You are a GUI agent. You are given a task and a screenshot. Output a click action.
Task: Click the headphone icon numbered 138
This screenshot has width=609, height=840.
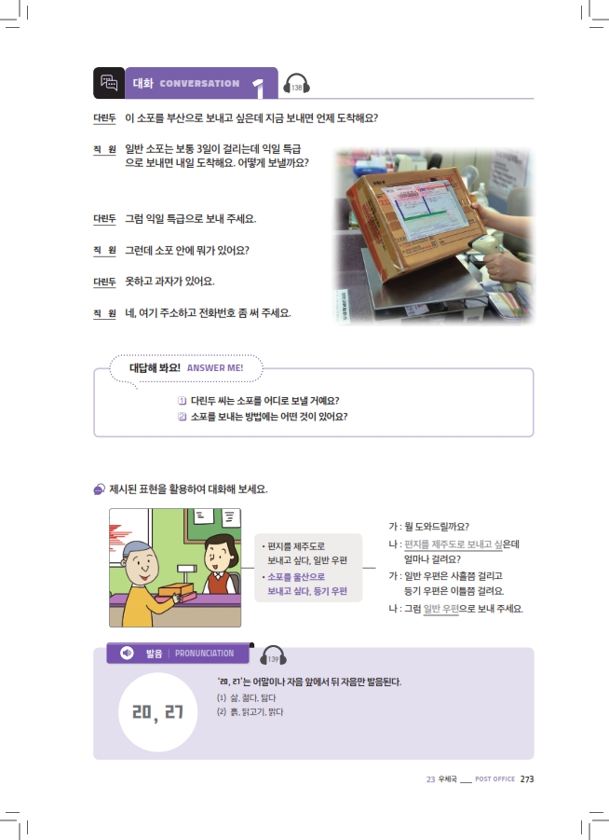coord(296,85)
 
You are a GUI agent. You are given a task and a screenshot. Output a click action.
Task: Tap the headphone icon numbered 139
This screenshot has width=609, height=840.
coord(273,655)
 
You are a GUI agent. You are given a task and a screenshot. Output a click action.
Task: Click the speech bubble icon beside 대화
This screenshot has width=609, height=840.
coord(109,83)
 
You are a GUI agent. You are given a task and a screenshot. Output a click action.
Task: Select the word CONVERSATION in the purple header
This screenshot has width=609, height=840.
coord(199,84)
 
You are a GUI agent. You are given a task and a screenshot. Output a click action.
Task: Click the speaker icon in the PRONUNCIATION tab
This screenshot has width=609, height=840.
coord(127,653)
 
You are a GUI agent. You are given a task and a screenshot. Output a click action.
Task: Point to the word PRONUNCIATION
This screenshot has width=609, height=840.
coord(205,654)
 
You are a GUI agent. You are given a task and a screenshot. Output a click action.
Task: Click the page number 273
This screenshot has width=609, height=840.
coord(526,778)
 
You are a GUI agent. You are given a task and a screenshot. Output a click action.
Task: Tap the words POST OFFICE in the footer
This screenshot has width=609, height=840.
coord(495,778)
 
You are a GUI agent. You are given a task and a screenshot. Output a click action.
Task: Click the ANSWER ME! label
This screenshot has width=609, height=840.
coord(215,368)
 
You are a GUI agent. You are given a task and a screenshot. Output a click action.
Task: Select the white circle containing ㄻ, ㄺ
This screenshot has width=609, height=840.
coord(158,712)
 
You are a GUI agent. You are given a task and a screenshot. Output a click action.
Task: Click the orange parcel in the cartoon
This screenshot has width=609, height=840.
coord(177,590)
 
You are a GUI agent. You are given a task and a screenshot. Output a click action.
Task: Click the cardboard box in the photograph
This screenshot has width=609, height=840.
coord(408,224)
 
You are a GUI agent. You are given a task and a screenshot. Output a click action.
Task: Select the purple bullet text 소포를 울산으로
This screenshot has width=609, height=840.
coord(296,577)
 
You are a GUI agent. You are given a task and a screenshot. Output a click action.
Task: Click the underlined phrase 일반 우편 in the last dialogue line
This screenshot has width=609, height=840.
coord(441,609)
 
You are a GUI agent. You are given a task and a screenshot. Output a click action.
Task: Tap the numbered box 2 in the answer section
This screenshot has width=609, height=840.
coord(182,416)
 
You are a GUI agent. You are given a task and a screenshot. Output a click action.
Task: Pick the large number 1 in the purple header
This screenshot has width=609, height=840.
coord(259,88)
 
